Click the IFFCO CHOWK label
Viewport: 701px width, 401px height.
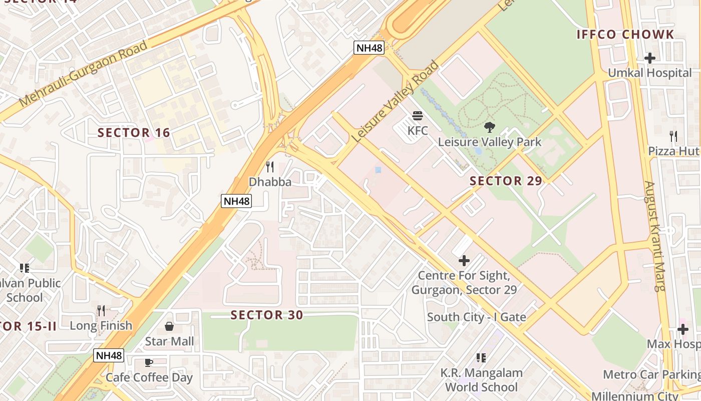pyautogui.click(x=625, y=35)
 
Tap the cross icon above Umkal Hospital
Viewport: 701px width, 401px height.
pyautogui.click(x=650, y=58)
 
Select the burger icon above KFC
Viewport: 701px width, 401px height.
pyautogui.click(x=418, y=116)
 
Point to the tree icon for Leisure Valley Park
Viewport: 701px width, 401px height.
pyautogui.click(x=489, y=127)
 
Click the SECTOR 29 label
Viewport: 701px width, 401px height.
pyautogui.click(x=506, y=181)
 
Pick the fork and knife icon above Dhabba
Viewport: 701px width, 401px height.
pyautogui.click(x=270, y=167)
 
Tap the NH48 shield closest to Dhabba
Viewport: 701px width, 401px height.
pyautogui.click(x=236, y=202)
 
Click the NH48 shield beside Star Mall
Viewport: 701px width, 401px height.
pyautogui.click(x=109, y=355)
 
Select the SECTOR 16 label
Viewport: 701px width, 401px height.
pyautogui.click(x=134, y=133)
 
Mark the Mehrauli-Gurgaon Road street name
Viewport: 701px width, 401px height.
pyautogui.click(x=84, y=74)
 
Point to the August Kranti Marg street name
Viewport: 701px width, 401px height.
pyautogui.click(x=655, y=236)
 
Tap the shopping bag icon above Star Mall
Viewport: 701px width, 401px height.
pyautogui.click(x=169, y=326)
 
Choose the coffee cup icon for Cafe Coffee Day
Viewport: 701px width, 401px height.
pyautogui.click(x=149, y=362)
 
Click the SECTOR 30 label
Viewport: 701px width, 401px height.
pyautogui.click(x=266, y=315)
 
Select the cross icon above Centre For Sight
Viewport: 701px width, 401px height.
pyautogui.click(x=464, y=261)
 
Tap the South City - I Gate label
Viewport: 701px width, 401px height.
pyautogui.click(x=476, y=317)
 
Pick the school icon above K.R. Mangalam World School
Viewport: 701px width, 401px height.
pyautogui.click(x=481, y=358)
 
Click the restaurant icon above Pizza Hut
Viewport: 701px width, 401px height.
pyautogui.click(x=673, y=136)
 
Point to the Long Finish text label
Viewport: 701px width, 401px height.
pyautogui.click(x=101, y=326)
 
